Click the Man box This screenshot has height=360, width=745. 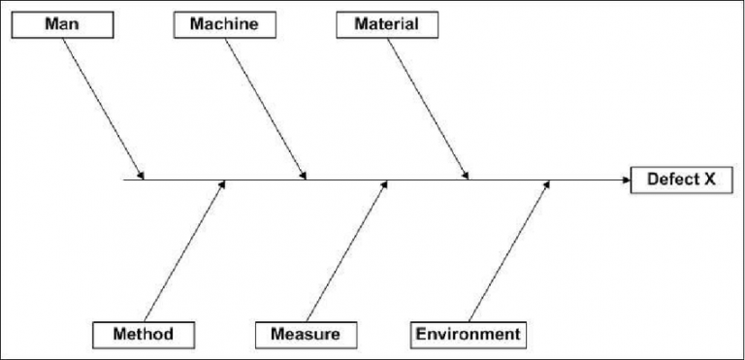(62, 23)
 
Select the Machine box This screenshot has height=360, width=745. (224, 23)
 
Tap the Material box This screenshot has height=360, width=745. (386, 23)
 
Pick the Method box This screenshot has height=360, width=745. (143, 334)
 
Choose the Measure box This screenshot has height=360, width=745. (305, 334)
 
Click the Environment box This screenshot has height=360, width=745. (468, 334)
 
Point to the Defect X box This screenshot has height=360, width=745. (681, 180)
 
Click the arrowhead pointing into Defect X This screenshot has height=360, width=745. (625, 180)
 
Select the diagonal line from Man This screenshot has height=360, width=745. (105, 107)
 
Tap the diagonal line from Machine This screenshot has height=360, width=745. (267, 107)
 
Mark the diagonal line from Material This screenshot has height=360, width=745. (429, 107)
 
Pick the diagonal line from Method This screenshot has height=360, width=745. (184, 252)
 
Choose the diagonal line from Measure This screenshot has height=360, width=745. (346, 252)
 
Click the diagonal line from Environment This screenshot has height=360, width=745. (508, 252)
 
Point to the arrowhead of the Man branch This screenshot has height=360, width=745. (142, 176)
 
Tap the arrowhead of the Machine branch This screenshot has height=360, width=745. (304, 176)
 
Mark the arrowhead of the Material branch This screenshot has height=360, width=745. (466, 176)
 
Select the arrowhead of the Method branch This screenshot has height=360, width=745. (223, 184)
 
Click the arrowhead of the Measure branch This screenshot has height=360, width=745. (385, 184)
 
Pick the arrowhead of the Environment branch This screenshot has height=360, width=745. (547, 184)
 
